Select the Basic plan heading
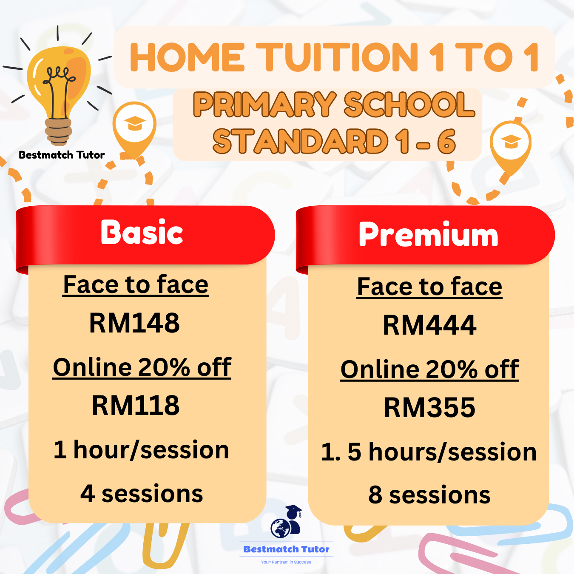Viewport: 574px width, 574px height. pyautogui.click(x=142, y=233)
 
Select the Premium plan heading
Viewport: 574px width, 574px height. pyautogui.click(x=428, y=235)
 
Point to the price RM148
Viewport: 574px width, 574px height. pyautogui.click(x=134, y=323)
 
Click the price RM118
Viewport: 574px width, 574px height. pyautogui.click(x=136, y=406)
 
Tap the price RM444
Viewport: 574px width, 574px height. pyautogui.click(x=429, y=326)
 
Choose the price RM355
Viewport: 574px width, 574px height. pyautogui.click(x=429, y=408)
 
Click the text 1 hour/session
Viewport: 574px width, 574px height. pyautogui.click(x=141, y=450)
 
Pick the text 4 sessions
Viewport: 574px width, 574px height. pyautogui.click(x=142, y=494)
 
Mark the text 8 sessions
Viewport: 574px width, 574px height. pyautogui.click(x=429, y=495)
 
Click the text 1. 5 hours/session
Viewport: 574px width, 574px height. pyautogui.click(x=429, y=452)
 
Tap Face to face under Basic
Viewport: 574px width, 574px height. pyautogui.click(x=136, y=285)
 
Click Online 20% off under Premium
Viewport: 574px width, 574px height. pyautogui.click(x=429, y=369)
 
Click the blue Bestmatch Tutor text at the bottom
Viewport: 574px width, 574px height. pyautogui.click(x=286, y=549)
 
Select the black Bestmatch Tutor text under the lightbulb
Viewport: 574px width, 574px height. pyautogui.click(x=62, y=155)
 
